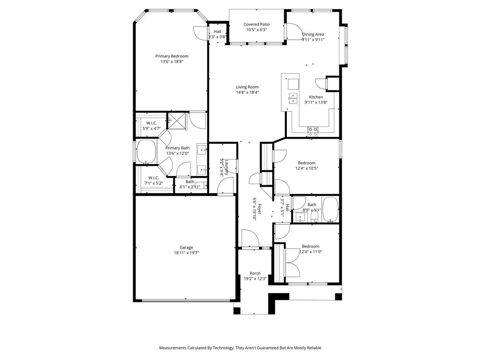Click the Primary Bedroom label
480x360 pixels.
pos(172,56)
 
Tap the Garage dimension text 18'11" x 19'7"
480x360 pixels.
pos(186,253)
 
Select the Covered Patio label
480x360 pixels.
pos(256,24)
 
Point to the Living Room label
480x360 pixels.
pos(247,87)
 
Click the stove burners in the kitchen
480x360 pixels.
pos(313,131)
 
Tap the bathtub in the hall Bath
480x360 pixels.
pos(330,209)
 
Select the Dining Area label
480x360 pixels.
pos(313,34)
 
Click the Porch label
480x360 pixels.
pos(255,273)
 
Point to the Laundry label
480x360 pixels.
pos(226,167)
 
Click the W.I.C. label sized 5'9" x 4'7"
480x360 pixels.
pos(151,123)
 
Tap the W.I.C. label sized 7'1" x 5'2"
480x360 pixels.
pos(154,178)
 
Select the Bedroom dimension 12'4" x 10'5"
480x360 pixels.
pos(307,169)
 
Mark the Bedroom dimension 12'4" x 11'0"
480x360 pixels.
pos(310,252)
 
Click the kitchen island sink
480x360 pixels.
pos(293,97)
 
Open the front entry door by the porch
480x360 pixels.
pos(250,239)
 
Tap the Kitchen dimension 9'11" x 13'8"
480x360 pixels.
pos(316,102)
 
